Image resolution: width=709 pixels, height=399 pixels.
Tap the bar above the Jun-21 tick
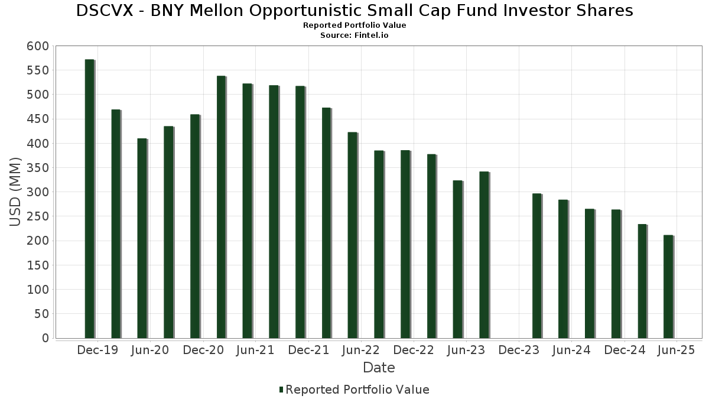click(248, 211)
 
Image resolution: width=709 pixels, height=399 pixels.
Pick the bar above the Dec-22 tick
click(405, 244)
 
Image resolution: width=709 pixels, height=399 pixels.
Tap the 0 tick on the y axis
click(45, 338)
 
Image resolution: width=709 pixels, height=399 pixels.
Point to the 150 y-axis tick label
click(37, 265)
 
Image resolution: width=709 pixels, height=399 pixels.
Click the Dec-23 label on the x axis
click(519, 351)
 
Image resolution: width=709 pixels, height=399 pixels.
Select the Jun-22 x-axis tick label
click(361, 351)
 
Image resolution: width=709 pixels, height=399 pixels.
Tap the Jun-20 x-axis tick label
click(150, 351)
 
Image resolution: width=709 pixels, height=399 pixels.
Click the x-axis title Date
click(379, 368)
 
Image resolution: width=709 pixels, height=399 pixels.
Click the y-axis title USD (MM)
click(16, 192)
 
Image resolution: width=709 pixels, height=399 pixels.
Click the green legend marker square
click(281, 390)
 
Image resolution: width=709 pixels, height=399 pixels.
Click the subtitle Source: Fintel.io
click(354, 35)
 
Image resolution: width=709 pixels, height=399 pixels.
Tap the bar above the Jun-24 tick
click(563, 269)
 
